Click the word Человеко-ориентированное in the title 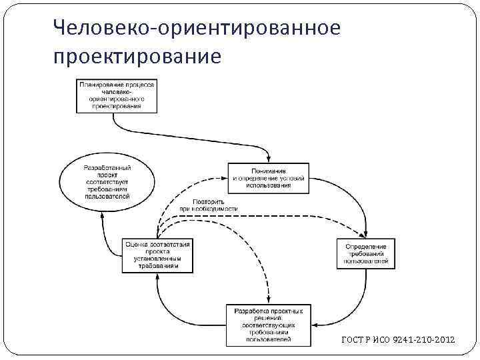click(x=196, y=27)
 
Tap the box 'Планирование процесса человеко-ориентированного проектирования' click(x=117, y=96)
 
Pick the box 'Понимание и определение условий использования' click(x=269, y=178)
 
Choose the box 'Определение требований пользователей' click(x=366, y=254)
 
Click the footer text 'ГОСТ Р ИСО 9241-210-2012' click(x=398, y=341)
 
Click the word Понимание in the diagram click(x=269, y=170)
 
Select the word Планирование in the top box click(x=99, y=85)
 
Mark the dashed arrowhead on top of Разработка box click(x=268, y=302)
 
